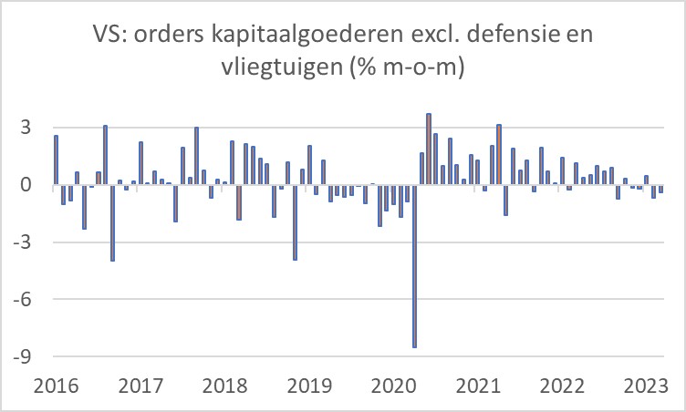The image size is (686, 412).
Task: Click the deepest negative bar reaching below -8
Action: [x=414, y=273]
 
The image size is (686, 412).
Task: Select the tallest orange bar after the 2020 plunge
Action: [x=429, y=150]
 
